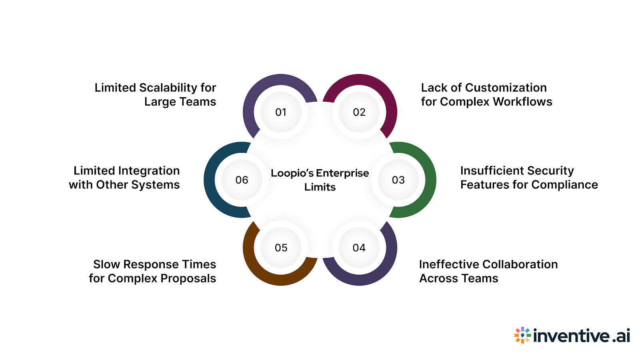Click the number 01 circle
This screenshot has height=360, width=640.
pyautogui.click(x=281, y=112)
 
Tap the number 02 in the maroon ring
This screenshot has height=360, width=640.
pyautogui.click(x=359, y=112)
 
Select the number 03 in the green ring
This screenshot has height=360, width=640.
pyautogui.click(x=398, y=180)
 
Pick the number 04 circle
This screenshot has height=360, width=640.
pyautogui.click(x=359, y=248)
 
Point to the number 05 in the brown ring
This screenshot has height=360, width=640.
pyautogui.click(x=281, y=248)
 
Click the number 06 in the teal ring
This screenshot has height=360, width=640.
pyautogui.click(x=242, y=180)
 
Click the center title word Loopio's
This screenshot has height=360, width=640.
pyautogui.click(x=292, y=173)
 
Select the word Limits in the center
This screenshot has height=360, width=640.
pyautogui.click(x=320, y=187)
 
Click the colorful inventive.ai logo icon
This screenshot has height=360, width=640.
pyautogui.click(x=522, y=335)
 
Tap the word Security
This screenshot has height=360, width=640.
pyautogui.click(x=550, y=171)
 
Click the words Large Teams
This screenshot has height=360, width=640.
pyautogui.click(x=180, y=102)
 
